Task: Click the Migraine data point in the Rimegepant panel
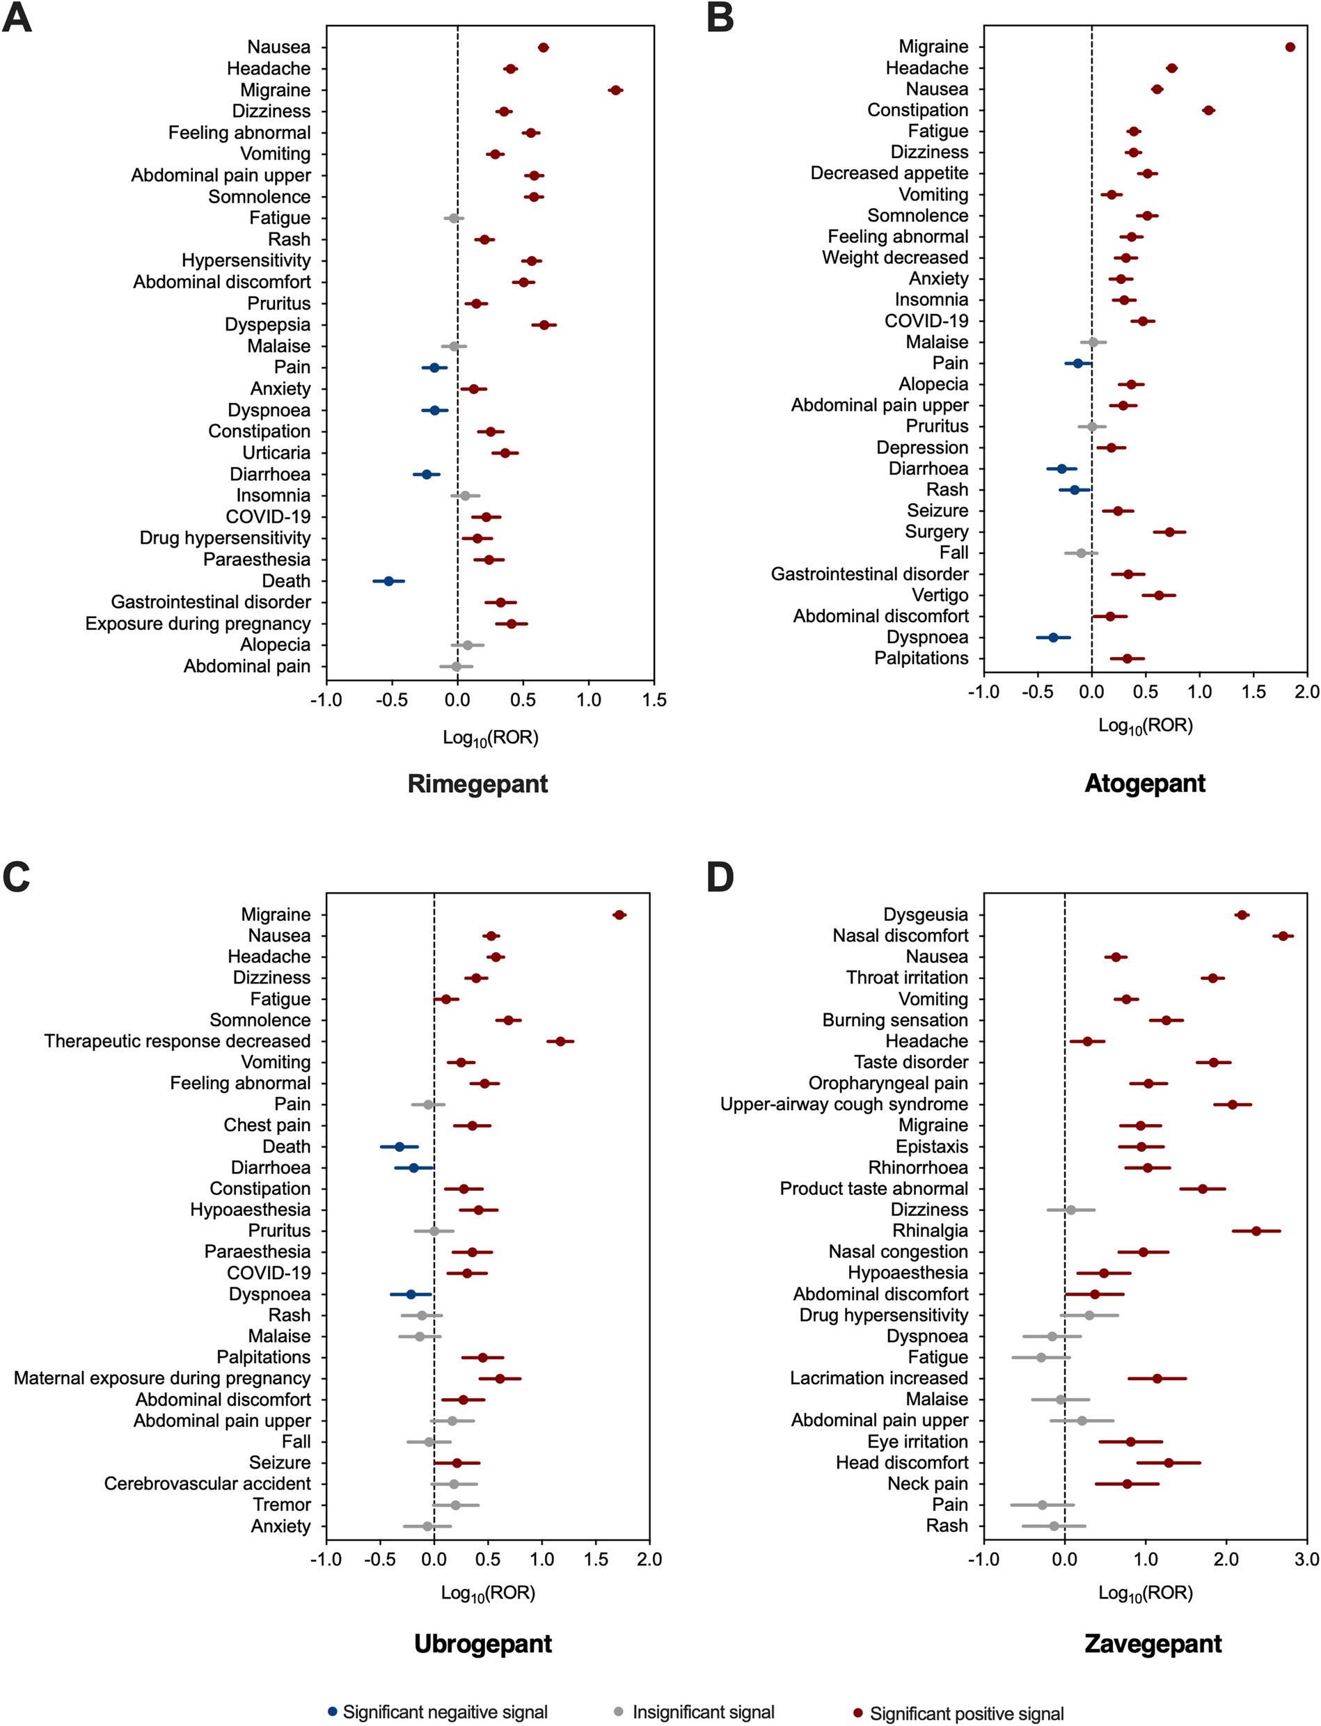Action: pos(615,90)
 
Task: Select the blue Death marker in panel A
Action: pos(388,581)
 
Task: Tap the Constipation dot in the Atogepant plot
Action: pos(1208,110)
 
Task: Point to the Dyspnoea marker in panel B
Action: pos(1054,638)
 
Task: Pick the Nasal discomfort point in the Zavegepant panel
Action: pos(1283,936)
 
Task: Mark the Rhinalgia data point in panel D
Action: pos(1256,1230)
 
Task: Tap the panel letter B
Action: pos(720,17)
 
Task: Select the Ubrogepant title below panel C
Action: pos(483,1643)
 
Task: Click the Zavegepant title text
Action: pos(1153,1643)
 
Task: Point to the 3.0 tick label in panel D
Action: pos(1307,1559)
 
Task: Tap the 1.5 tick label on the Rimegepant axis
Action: pos(654,700)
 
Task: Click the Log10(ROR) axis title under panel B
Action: pos(1145,726)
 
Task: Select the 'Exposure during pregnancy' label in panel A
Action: pos(198,624)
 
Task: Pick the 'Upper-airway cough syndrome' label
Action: pos(844,1104)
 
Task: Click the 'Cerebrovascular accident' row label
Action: pos(207,1483)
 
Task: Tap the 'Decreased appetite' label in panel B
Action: pos(889,173)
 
